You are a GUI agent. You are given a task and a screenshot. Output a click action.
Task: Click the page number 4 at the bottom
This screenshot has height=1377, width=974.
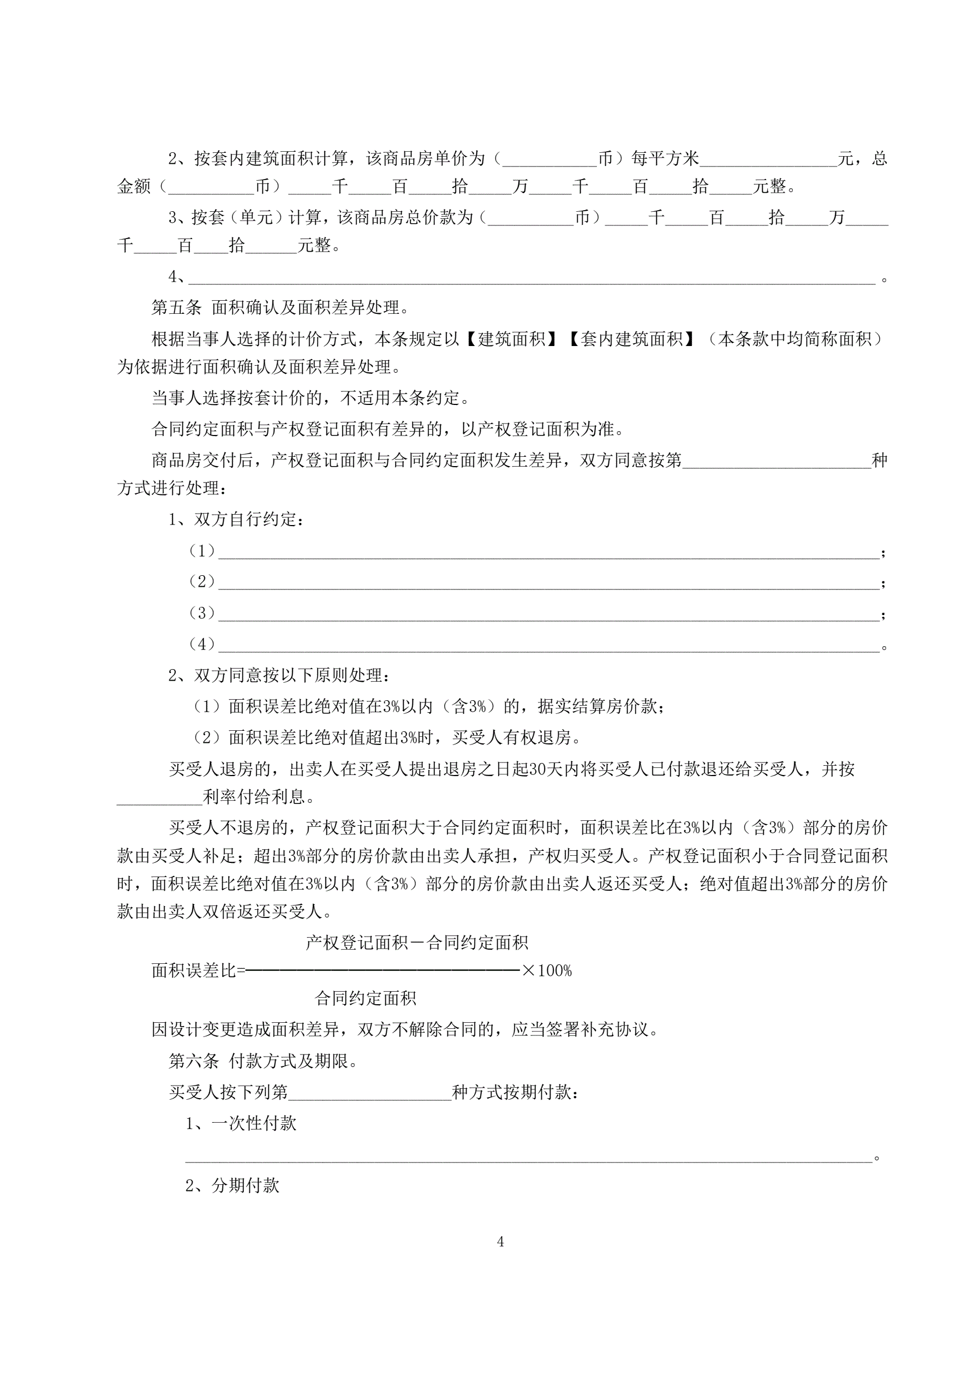(500, 1242)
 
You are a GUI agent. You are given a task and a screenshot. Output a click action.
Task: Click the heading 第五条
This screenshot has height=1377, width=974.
(176, 308)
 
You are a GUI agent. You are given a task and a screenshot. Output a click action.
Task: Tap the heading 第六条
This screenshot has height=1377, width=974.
(194, 1061)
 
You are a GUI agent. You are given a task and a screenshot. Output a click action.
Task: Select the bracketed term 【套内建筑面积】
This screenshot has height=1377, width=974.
(631, 339)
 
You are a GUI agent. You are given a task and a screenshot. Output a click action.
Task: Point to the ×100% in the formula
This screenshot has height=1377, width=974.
(547, 970)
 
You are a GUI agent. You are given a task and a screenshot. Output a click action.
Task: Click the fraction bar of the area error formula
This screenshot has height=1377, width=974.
(383, 970)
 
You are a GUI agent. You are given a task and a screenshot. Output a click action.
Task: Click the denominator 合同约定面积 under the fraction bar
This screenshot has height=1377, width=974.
(365, 999)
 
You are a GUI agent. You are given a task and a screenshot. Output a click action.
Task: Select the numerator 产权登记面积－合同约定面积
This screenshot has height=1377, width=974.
(417, 943)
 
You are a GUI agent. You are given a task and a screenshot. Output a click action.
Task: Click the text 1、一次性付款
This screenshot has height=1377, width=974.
(241, 1123)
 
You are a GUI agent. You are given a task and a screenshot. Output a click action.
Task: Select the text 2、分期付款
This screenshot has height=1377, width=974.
(232, 1185)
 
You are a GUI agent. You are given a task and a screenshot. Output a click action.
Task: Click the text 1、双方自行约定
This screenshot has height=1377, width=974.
(236, 520)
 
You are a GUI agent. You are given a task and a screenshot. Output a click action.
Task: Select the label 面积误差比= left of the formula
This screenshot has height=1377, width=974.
(198, 970)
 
